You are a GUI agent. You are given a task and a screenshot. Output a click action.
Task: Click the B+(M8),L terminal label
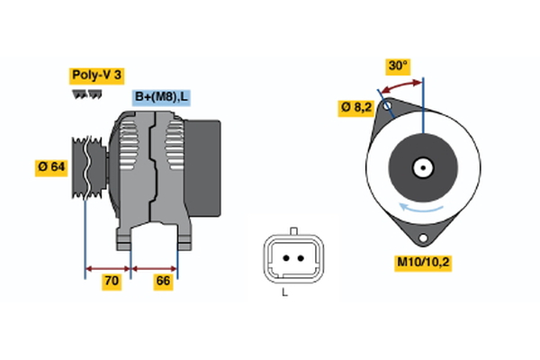point(163,97)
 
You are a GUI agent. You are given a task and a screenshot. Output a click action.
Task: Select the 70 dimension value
point(112,282)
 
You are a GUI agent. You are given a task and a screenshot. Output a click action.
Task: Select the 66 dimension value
point(164,282)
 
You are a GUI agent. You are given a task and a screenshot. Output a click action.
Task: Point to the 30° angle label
point(398,66)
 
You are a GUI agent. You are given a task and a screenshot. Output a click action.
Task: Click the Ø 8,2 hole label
point(357,107)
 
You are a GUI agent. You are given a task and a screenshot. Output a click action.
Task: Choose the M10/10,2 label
point(421,263)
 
